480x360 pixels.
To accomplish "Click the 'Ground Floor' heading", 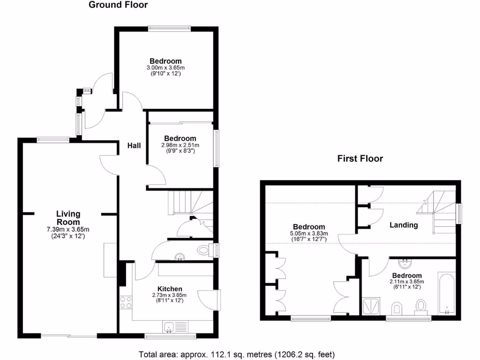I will pyautogui.click(x=118, y=5).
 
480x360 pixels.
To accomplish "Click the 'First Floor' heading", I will pyautogui.click(x=360, y=158).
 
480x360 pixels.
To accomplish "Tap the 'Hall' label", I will pyautogui.click(x=134, y=146).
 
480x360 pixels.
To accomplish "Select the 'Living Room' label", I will pyautogui.click(x=68, y=218).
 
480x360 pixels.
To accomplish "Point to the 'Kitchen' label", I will pyautogui.click(x=170, y=288).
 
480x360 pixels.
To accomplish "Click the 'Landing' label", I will pyautogui.click(x=404, y=225).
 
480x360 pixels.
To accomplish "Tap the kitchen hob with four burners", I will pyautogui.click(x=126, y=302).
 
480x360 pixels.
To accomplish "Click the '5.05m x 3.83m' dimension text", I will pyautogui.click(x=309, y=233).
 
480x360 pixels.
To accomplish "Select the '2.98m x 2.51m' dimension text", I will pyautogui.click(x=180, y=145).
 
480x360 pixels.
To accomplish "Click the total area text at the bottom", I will pyautogui.click(x=237, y=354).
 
